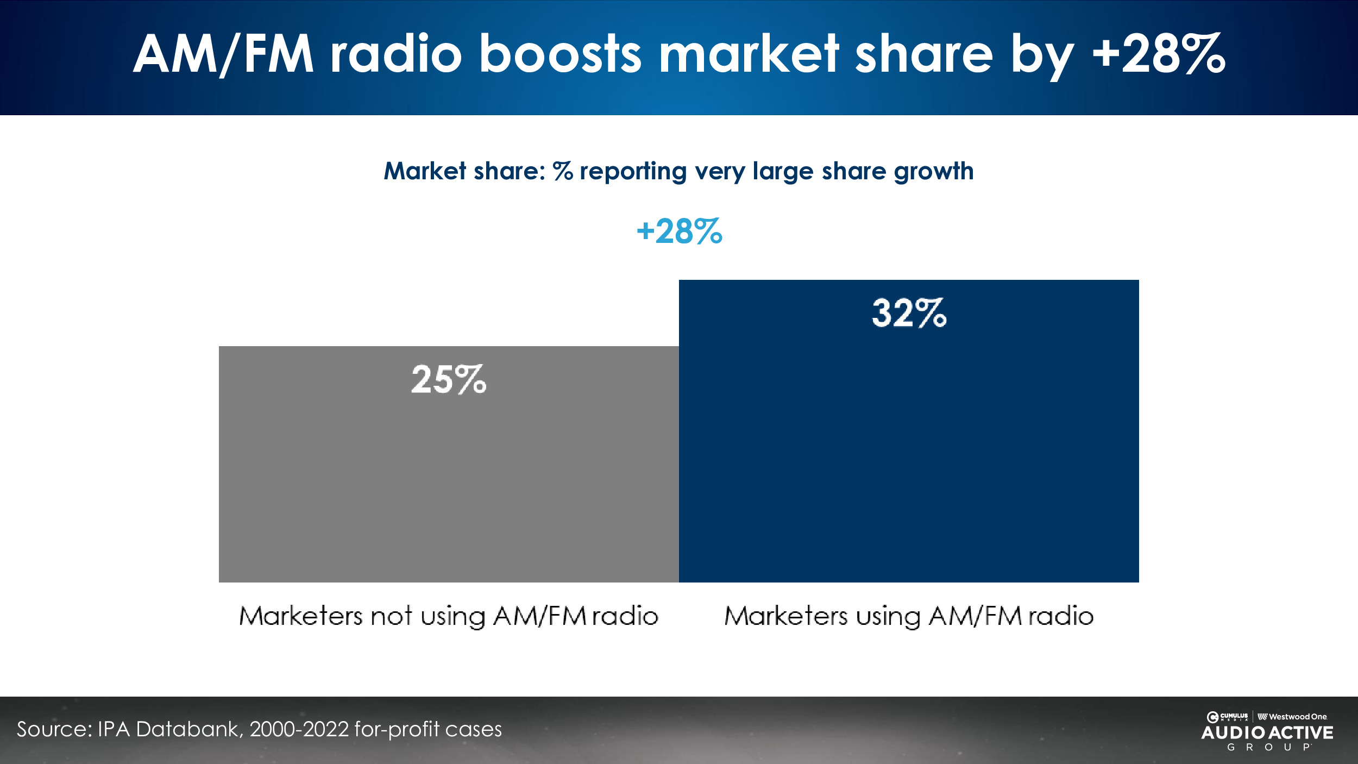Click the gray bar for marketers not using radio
(x=449, y=478)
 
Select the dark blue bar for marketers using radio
(x=908, y=446)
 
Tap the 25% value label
(x=449, y=379)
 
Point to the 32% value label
(x=909, y=314)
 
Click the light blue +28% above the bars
(x=679, y=231)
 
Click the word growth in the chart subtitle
(x=933, y=172)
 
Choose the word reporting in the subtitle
(x=633, y=172)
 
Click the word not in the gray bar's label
(x=391, y=616)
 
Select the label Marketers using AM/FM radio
(x=909, y=616)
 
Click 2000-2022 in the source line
(x=299, y=729)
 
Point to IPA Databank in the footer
(x=168, y=729)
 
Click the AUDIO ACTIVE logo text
(x=1267, y=733)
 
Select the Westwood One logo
(x=1292, y=717)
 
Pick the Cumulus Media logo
(x=1228, y=717)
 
